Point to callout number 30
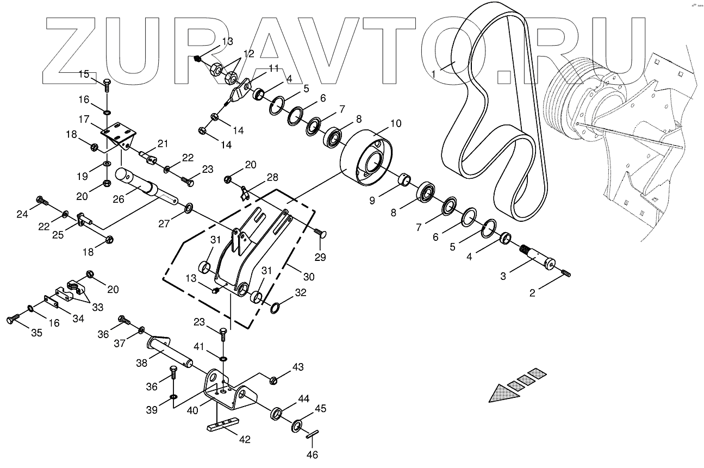coord(308,277)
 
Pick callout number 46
coord(312,454)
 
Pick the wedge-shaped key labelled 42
coord(223,424)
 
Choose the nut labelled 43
coord(273,379)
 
